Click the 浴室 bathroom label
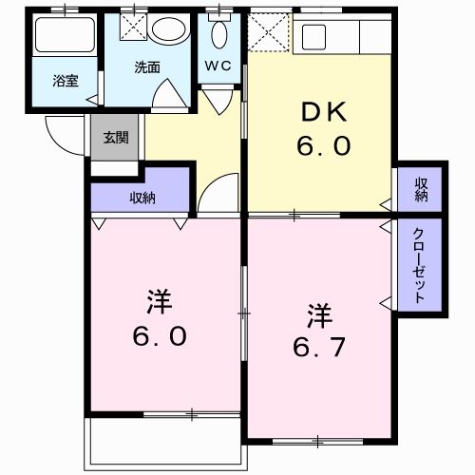tap(66, 81)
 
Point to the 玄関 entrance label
tap(116, 138)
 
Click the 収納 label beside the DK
tap(420, 190)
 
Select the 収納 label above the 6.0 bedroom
tap(142, 198)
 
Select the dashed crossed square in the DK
tap(268, 34)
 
